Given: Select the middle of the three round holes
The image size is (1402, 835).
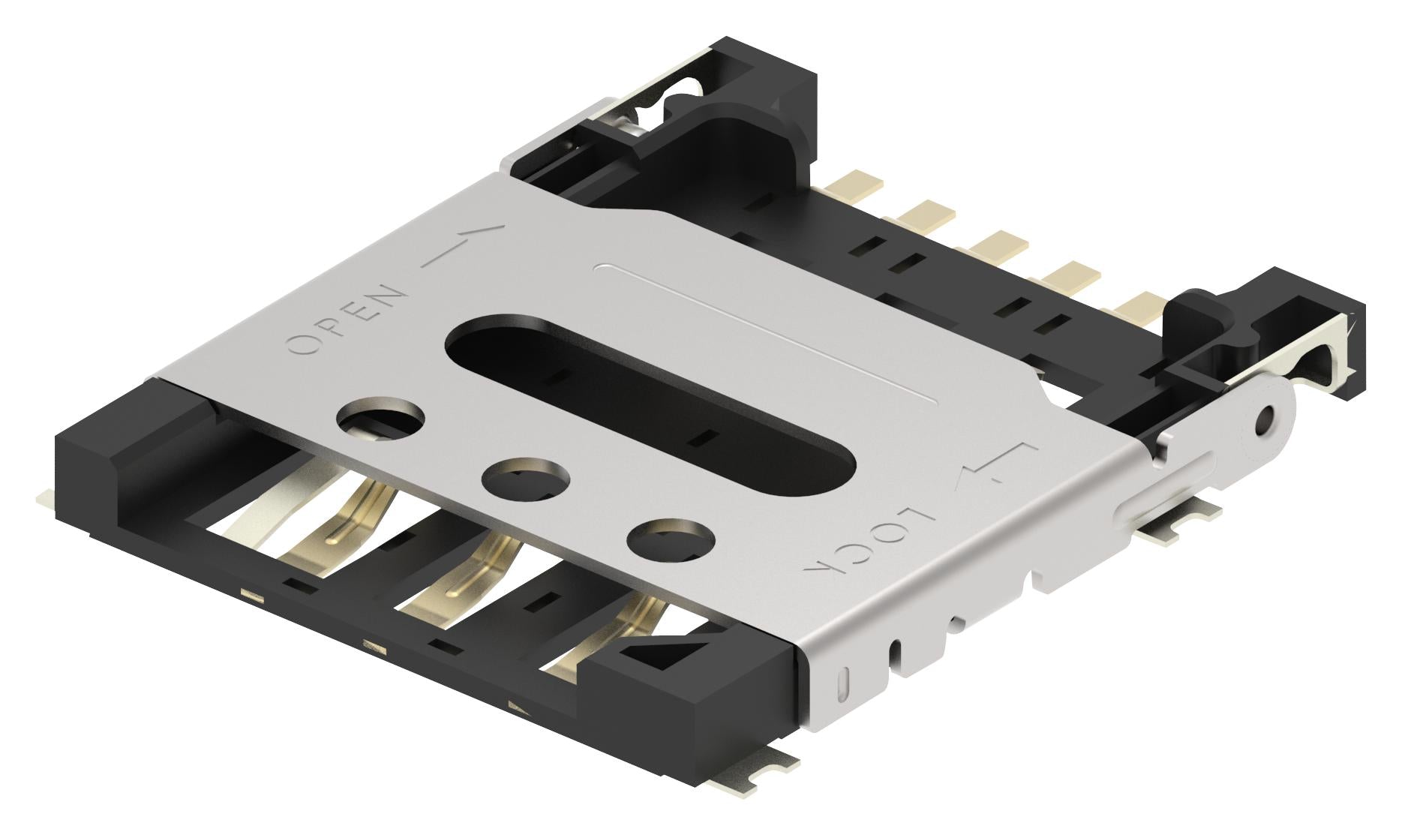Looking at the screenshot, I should click(526, 479).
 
